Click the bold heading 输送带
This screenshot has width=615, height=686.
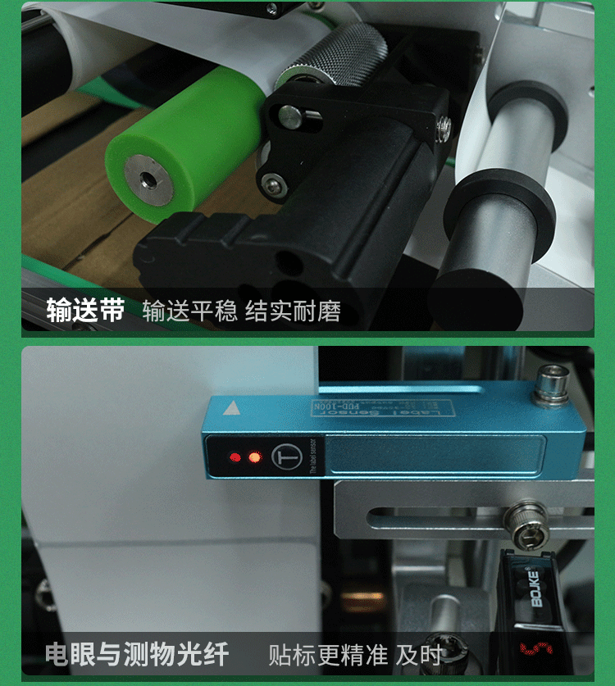pyautogui.click(x=85, y=311)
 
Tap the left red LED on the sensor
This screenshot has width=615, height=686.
pyautogui.click(x=235, y=457)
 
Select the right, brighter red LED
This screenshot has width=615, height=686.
pyautogui.click(x=253, y=457)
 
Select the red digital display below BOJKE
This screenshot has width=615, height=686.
pyautogui.click(x=533, y=649)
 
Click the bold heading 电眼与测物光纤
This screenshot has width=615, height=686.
pyautogui.click(x=137, y=654)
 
